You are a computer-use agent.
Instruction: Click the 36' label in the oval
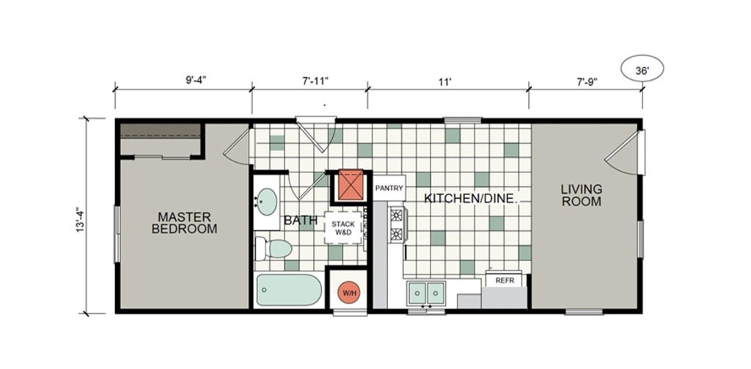coord(642,70)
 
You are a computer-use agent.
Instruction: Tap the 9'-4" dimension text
coord(195,81)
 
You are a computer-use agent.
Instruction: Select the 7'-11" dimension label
coord(314,81)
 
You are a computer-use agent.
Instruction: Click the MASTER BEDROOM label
coord(184,222)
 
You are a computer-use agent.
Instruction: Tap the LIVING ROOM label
coord(582,195)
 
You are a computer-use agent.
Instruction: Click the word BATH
coord(301,220)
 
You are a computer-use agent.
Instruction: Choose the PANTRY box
coord(389,189)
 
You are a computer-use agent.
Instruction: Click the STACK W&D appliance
coord(343,228)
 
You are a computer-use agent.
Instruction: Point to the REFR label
coord(505,280)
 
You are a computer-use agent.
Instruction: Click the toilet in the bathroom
coord(274,248)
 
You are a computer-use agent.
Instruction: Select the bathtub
coord(289,290)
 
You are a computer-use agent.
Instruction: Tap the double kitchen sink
coord(426,293)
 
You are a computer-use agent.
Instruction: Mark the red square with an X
coord(352,185)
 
